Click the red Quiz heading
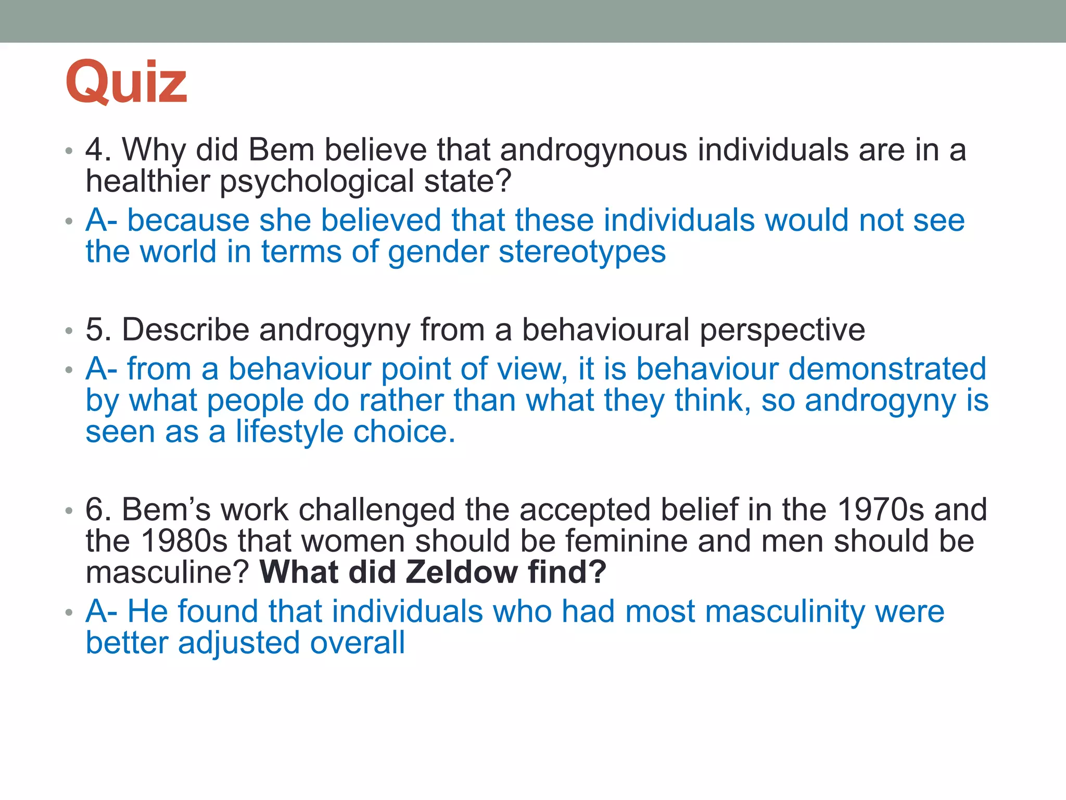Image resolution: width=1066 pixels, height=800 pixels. pos(126,82)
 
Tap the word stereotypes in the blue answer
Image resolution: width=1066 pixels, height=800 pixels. pos(582,252)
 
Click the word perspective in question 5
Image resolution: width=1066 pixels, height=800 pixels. pos(782,330)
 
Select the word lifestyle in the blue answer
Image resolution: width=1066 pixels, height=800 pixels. pos(289,432)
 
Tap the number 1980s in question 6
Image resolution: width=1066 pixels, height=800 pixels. pos(184,541)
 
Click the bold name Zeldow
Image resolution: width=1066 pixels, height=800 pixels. pos(461,572)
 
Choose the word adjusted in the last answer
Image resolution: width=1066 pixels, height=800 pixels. pos(239,643)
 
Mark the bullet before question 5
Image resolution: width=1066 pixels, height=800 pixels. pos(69,331)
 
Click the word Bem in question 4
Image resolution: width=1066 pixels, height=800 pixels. pos(282,150)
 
